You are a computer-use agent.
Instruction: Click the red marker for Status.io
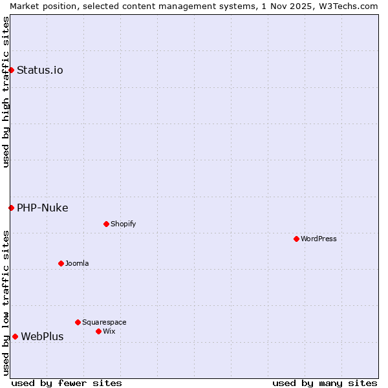[x=11, y=70]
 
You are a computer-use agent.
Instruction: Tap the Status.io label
[x=40, y=70]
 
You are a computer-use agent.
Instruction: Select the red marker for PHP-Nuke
[x=11, y=208]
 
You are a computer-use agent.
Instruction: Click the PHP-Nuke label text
[x=43, y=208]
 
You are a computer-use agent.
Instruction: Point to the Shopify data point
[x=106, y=224]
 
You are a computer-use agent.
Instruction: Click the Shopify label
[x=124, y=224]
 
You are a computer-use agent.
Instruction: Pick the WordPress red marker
[x=296, y=239]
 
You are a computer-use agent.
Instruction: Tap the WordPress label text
[x=319, y=239]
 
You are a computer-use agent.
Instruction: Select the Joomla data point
[x=61, y=263]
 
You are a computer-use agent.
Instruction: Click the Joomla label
[x=77, y=264]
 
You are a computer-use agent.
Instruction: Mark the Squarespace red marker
[x=78, y=322]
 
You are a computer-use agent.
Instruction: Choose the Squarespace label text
[x=104, y=323]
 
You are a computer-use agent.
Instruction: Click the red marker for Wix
[x=98, y=331]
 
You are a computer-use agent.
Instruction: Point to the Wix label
[x=109, y=332]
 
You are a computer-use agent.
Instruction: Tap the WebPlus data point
[x=15, y=336]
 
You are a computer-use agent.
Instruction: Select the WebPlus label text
[x=43, y=337]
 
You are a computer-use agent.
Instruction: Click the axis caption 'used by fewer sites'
[x=67, y=383]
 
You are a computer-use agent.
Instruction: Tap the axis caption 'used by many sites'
[x=325, y=383]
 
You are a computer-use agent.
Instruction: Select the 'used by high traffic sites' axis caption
[x=6, y=92]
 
